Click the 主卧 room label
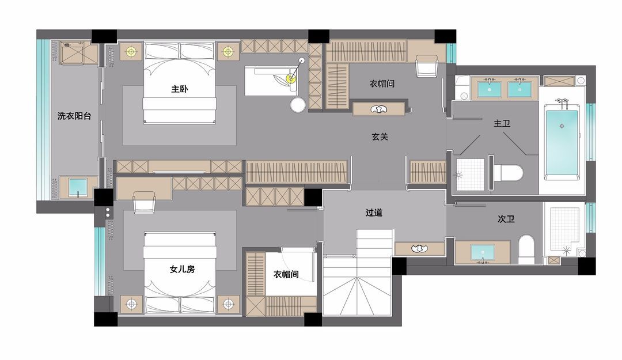coord(179,89)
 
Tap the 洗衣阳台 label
coord(74,116)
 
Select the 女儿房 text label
coord(182,269)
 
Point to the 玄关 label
coord(380,137)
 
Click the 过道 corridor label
coord(374,213)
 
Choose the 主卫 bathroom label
coord(502,123)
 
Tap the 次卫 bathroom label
coord(506,219)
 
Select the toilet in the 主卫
coord(509,173)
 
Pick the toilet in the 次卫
coord(527,249)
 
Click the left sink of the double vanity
coord(490,89)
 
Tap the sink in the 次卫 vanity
coord(483,253)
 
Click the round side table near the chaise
coord(298,105)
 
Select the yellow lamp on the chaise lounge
coord(291,78)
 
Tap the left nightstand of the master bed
coord(131,52)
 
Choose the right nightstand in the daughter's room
coord(228,305)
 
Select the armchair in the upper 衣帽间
coord(427,66)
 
